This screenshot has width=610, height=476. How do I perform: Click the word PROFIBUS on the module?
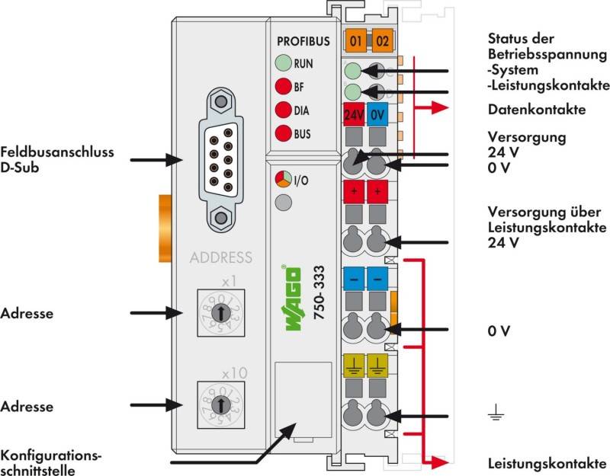[x=302, y=41]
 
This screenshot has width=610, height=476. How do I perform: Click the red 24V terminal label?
[x=354, y=117]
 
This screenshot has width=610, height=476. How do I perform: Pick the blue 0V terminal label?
[x=377, y=117]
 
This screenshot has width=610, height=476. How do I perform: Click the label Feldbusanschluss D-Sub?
[x=57, y=159]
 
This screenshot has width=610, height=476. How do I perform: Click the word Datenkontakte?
[x=536, y=110]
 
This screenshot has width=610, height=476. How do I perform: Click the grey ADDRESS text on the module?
[x=220, y=257]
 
